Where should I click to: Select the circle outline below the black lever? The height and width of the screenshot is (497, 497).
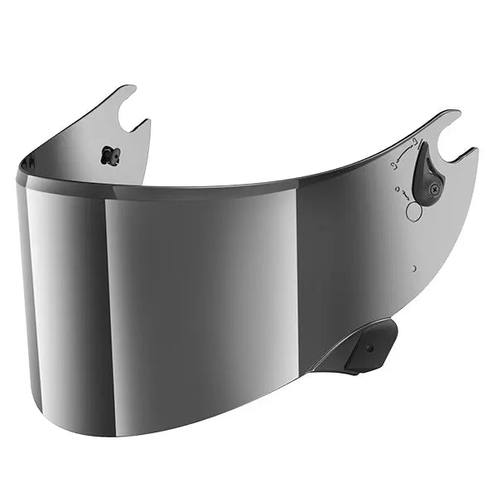click(x=413, y=211)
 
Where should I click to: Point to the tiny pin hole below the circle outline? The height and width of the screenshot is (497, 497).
click(x=414, y=268)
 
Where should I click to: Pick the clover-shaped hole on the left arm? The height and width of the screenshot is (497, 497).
click(x=109, y=154)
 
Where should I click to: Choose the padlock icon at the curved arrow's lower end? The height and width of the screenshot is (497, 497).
click(x=395, y=166)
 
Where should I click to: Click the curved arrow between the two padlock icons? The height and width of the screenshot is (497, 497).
click(x=404, y=154)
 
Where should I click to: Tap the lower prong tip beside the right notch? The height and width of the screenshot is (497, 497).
click(x=475, y=150)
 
